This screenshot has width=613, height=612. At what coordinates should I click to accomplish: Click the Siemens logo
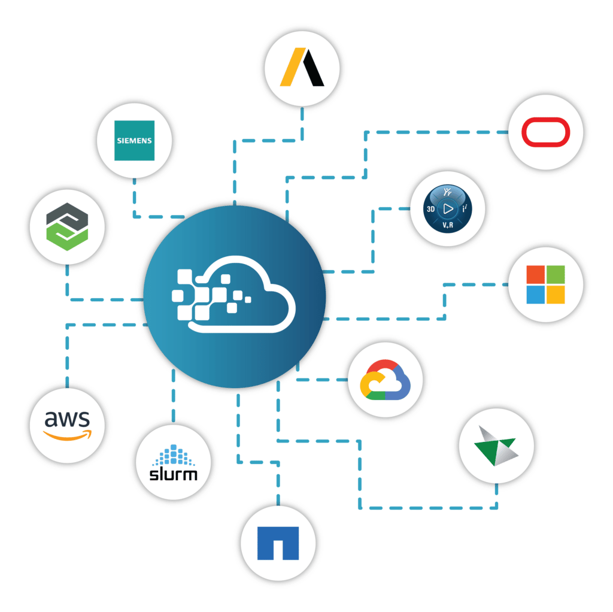pos(134,141)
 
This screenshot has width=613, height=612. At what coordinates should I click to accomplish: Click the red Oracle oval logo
pos(545,132)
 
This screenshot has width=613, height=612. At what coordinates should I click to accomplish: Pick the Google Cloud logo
pos(385,380)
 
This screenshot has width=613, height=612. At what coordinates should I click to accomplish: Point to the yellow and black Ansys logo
pos(302,66)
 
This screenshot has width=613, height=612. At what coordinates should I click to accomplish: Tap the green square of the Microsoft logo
pos(556,274)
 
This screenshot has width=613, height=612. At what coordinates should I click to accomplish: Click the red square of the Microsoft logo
pos(535,274)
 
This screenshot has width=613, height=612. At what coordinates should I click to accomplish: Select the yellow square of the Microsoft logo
pos(556,294)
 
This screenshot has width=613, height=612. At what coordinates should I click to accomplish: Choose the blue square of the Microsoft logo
pos(535,294)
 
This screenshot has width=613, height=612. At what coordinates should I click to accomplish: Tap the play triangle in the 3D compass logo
pos(448,209)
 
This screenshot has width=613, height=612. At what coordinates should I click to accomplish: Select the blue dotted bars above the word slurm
pos(172,455)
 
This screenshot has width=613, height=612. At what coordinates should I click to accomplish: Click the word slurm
pos(172,474)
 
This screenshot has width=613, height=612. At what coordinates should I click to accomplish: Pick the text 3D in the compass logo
pos(430,210)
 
